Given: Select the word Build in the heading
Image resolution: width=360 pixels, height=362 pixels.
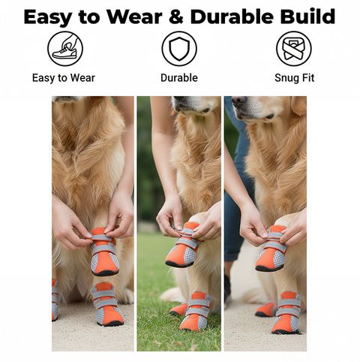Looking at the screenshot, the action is (x=307, y=17).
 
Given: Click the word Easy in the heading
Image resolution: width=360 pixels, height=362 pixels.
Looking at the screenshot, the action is (x=48, y=18).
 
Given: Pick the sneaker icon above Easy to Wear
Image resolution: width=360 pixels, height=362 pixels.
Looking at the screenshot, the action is (x=65, y=49).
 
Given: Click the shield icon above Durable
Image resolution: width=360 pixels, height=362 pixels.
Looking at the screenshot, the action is (x=179, y=49).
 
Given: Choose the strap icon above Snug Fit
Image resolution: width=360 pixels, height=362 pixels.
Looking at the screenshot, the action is (x=294, y=49).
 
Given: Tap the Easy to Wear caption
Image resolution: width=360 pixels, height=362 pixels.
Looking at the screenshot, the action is (x=64, y=78).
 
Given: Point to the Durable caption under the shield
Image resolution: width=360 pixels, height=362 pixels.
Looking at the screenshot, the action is (x=179, y=78).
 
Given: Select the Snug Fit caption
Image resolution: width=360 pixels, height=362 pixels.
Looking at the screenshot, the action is (x=294, y=78).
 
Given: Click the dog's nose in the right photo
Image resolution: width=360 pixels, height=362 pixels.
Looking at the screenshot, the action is (x=238, y=101).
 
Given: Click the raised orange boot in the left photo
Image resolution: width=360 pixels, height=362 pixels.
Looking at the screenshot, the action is (x=104, y=252).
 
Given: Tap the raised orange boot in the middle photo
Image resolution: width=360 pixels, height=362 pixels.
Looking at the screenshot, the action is (x=184, y=246).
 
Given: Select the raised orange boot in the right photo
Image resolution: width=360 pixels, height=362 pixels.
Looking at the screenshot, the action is (x=271, y=249).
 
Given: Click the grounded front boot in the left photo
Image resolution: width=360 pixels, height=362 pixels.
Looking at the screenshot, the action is (x=108, y=304).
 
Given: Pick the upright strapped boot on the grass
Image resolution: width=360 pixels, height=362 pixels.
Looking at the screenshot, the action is (x=196, y=311).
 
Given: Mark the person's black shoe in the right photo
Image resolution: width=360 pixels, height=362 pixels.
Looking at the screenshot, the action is (x=227, y=287).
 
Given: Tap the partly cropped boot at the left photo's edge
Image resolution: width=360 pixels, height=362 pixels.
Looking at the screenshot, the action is (x=55, y=300).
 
